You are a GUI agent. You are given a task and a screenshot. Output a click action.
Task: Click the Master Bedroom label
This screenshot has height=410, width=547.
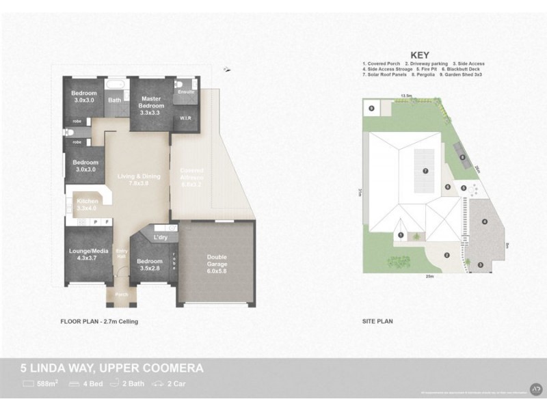pos(151,102)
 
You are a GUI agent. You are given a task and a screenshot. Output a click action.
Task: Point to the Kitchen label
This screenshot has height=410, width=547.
pos(87,204)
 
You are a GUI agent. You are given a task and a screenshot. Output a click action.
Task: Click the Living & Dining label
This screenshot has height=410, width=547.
pos(139,180)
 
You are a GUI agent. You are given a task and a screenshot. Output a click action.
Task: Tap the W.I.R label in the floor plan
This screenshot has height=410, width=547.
pos(185,118)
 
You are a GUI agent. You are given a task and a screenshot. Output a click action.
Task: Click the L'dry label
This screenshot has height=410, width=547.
pos(161,237)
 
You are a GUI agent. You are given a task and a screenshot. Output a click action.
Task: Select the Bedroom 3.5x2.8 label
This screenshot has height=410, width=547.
pos(150,264)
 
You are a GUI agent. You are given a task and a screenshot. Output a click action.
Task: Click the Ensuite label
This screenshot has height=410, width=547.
pos(185,92)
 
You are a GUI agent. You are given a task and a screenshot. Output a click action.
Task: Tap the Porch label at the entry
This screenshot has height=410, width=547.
pos(120,295)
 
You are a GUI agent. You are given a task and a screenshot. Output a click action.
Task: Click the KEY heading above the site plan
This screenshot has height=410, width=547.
pos(419,55)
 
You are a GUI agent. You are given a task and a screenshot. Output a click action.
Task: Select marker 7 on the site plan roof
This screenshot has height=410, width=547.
pos(425,171)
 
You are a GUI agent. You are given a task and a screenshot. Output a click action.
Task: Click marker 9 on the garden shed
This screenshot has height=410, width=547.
pos(371,108)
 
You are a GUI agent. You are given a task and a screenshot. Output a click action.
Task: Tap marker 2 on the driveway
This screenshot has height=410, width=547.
pos(446,256)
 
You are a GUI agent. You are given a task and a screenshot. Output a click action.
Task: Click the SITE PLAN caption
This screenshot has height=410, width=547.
pos(377,320)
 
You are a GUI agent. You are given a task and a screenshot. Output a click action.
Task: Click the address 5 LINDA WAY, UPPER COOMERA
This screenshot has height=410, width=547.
pos(111,368)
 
